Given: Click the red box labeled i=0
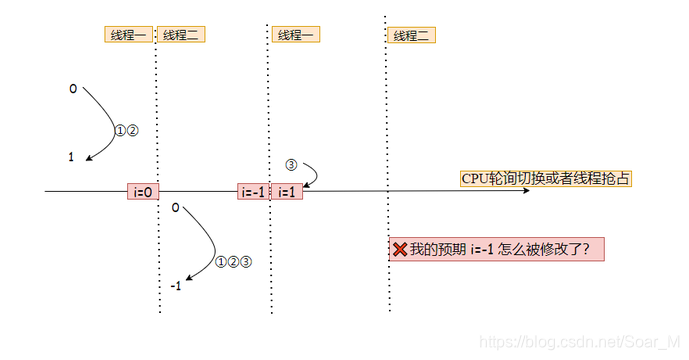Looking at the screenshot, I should [x=142, y=191].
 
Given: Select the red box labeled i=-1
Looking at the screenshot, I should [x=252, y=191].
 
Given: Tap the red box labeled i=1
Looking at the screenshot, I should [x=286, y=191].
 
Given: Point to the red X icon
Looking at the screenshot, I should [x=399, y=250].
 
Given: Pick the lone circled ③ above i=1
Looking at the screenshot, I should [x=291, y=163].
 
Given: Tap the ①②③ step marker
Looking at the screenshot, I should [x=233, y=262].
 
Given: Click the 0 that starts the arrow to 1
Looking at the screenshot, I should [x=73, y=89].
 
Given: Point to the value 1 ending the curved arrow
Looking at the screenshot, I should [x=71, y=157].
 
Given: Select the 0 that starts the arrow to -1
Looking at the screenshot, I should [x=175, y=208].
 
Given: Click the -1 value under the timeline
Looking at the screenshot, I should [x=175, y=286].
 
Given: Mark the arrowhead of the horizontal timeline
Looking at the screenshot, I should [x=525, y=190].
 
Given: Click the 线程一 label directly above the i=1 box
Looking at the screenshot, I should [x=296, y=35].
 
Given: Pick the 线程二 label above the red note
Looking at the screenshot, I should [x=411, y=35].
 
